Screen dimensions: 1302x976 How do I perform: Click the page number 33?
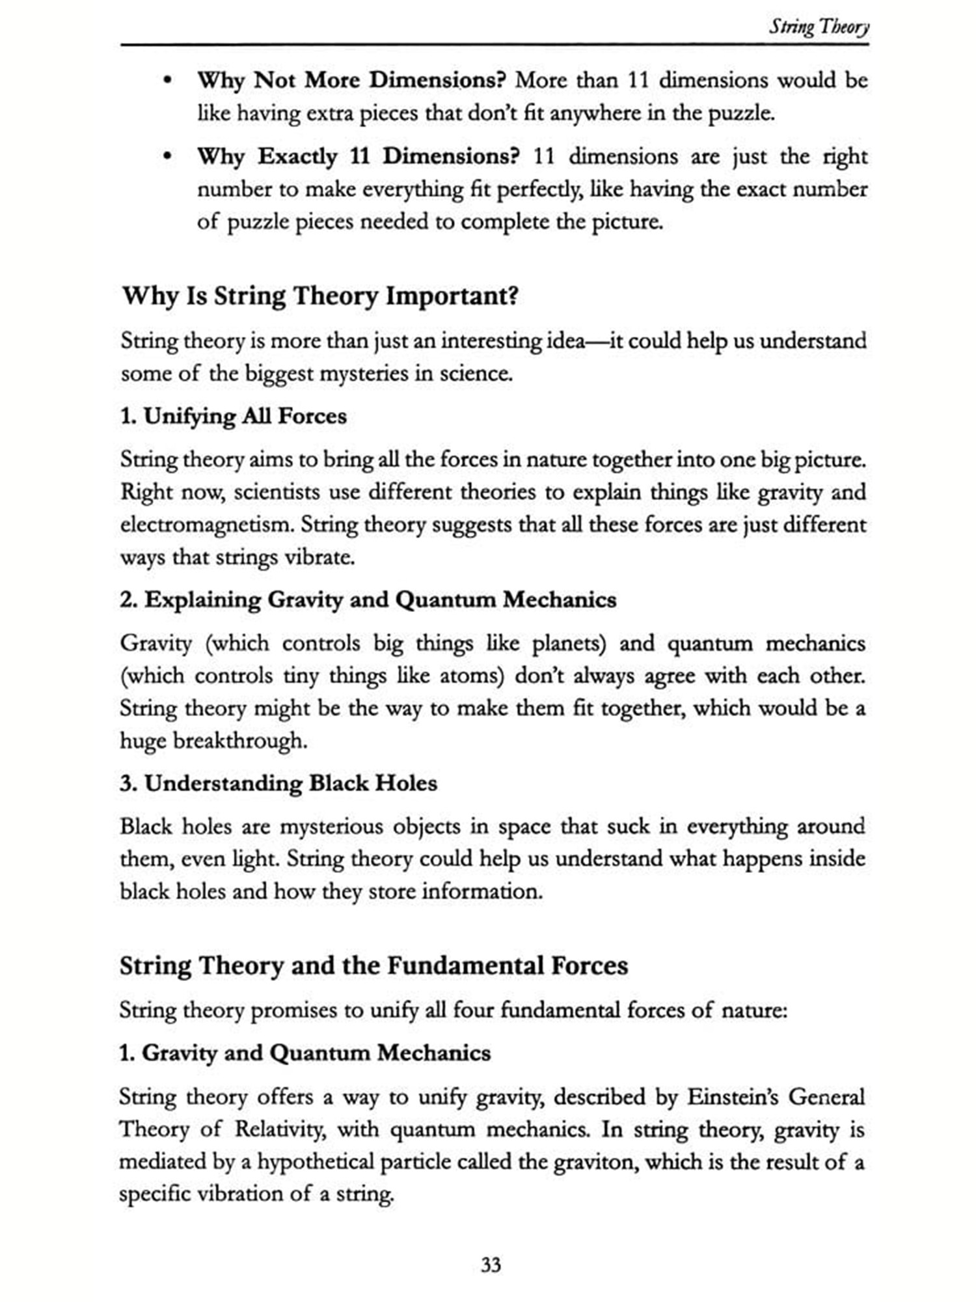491,1264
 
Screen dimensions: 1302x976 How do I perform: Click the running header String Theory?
819,27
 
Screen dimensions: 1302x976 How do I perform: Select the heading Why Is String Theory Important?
320,296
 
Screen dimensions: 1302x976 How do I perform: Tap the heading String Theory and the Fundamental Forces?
373,965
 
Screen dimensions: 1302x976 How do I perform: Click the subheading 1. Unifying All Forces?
233,416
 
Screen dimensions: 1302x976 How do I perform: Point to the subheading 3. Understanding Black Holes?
278,783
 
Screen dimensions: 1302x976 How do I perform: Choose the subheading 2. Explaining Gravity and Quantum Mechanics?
368,600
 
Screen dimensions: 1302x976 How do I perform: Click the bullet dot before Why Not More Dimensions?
168,81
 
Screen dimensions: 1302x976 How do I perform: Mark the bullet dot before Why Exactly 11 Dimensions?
168,157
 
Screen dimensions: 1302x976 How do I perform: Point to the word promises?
293,1010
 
